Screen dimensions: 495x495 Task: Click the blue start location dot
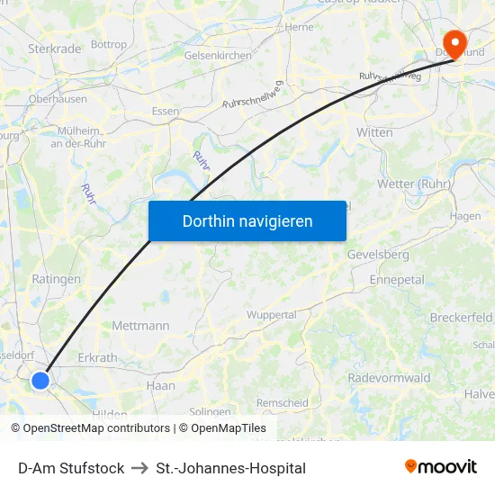40,381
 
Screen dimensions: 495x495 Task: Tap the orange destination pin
454,42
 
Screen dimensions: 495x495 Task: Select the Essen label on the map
166,111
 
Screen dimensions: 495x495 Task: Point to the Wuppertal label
272,315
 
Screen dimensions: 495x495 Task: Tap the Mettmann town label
140,325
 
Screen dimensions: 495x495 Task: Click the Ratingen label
56,279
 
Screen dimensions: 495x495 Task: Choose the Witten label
374,132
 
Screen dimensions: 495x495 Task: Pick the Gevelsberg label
378,255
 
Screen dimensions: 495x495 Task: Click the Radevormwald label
389,378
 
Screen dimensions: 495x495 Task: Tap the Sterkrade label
55,48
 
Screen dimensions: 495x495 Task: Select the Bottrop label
109,43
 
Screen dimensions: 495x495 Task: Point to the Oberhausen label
58,99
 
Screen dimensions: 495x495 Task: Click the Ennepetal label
396,280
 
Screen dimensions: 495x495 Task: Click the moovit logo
440,467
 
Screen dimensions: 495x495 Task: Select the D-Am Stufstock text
71,468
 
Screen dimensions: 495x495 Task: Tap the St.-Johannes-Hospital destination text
230,468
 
